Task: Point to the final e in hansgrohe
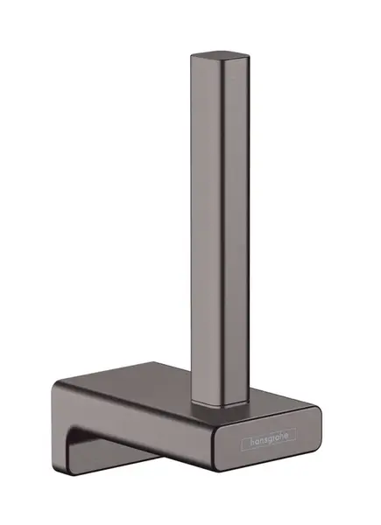pyautogui.click(x=291, y=433)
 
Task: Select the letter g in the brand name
pyautogui.click(x=267, y=436)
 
